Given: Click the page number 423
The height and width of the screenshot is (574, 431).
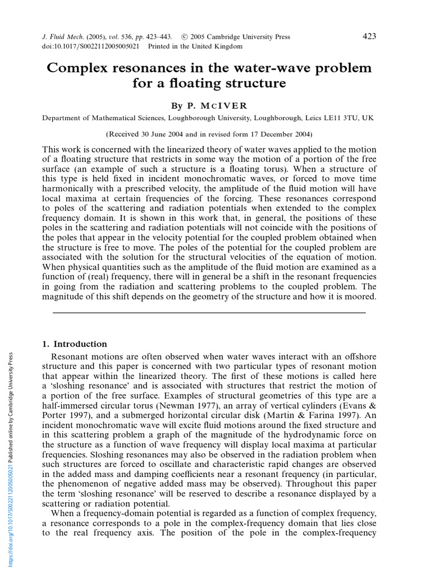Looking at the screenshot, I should click(x=369, y=36).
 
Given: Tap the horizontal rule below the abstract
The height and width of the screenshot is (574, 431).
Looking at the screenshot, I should click(x=209, y=312).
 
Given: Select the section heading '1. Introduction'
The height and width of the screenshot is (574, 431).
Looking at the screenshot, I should click(x=75, y=344).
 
